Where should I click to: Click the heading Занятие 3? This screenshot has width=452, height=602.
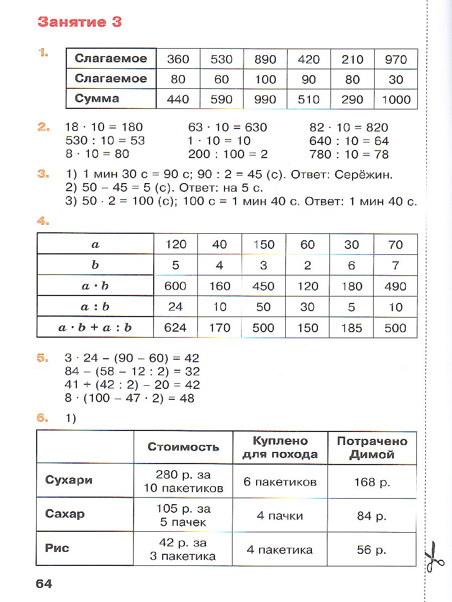click(80, 22)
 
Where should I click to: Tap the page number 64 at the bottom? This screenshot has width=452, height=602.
click(44, 583)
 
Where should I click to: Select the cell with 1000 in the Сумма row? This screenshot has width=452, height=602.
click(396, 99)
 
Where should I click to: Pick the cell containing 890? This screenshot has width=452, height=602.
click(265, 59)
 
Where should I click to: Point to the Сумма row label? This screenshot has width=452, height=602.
click(97, 99)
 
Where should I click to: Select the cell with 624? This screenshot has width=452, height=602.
click(175, 328)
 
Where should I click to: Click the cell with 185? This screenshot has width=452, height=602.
click(352, 328)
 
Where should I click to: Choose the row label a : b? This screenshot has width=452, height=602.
click(95, 307)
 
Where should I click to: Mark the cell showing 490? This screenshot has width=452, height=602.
click(395, 286)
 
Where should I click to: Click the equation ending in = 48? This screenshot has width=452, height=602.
click(130, 398)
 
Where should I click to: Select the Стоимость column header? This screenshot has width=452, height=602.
click(183, 447)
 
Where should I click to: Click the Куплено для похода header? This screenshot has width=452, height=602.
click(280, 447)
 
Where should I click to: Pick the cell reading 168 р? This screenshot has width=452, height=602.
click(372, 482)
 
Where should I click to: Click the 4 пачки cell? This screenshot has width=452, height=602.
click(280, 515)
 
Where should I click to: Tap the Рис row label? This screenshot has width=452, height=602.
click(57, 548)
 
